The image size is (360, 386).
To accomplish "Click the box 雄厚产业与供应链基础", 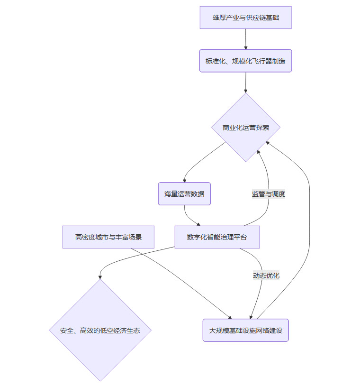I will [x=245, y=18].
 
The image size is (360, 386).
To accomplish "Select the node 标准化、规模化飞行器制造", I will [x=245, y=61].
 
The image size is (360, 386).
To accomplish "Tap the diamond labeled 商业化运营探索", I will [x=245, y=127].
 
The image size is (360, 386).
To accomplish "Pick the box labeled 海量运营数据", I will [x=184, y=193].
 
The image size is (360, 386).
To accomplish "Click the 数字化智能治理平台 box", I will [x=217, y=237].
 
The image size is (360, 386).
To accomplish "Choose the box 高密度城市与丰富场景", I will [x=108, y=237].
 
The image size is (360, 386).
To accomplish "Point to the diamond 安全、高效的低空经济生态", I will [x=100, y=330].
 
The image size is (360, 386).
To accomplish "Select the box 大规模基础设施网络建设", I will [x=245, y=330].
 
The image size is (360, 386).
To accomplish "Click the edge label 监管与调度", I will [x=268, y=193].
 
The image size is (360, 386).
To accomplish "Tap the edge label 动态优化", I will [x=266, y=275].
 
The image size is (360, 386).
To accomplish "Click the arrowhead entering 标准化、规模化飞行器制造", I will [x=246, y=47].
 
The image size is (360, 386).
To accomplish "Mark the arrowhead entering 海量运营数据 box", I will [x=184, y=180].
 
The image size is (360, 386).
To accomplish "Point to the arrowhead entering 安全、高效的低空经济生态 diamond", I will [x=100, y=277].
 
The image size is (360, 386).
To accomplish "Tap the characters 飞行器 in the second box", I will [x=257, y=61].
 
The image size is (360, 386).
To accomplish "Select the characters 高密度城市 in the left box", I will [x=92, y=237].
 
